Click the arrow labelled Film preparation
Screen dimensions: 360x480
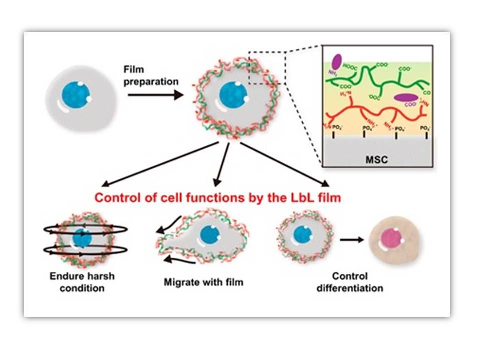[x=155, y=93]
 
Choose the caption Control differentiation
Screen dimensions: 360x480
[x=349, y=282]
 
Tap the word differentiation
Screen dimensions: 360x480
[x=349, y=288]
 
